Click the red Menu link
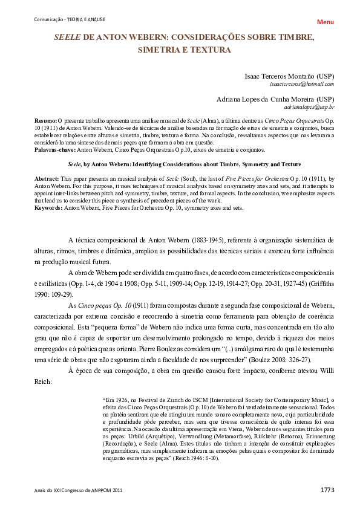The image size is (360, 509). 325,22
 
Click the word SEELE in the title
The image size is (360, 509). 67,37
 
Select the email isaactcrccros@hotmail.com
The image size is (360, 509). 301,85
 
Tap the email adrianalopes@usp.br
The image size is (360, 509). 309,107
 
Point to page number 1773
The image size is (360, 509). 327,490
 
